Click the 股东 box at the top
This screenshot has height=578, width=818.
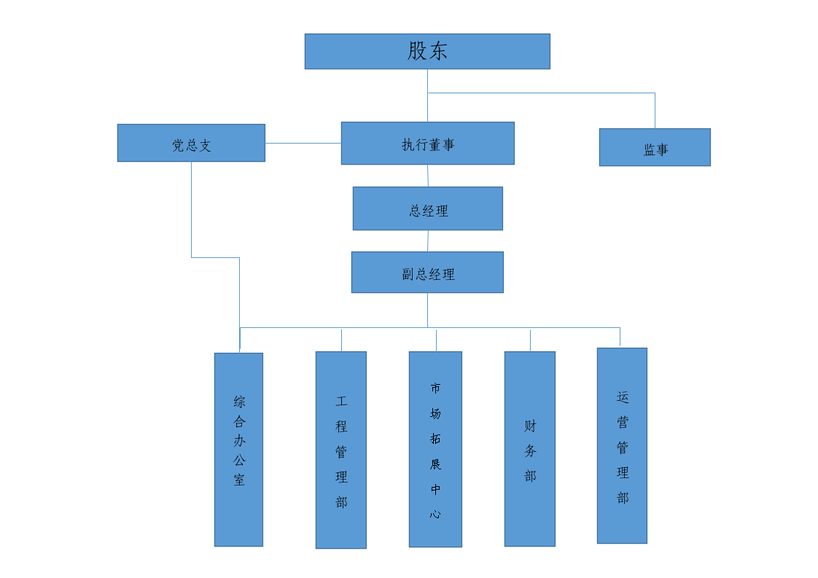click(x=427, y=51)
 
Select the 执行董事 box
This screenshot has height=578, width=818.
click(x=427, y=144)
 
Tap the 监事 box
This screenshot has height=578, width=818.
click(x=655, y=148)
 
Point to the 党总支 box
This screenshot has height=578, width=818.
click(x=191, y=144)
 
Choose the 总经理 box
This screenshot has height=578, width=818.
click(x=427, y=208)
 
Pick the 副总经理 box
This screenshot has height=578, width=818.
click(x=427, y=273)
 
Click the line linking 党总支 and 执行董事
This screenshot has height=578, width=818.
click(x=303, y=143)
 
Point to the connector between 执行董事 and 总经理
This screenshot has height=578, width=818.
click(x=428, y=176)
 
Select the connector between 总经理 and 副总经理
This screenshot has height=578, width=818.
click(x=428, y=241)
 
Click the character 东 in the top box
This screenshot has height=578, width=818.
click(x=438, y=51)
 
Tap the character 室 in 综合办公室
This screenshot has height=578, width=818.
click(x=239, y=480)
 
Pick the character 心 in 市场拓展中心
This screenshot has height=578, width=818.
click(x=435, y=514)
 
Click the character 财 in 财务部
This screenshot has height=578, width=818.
click(x=530, y=426)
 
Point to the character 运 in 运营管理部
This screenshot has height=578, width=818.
click(x=623, y=397)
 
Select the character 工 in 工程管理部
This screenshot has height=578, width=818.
click(x=341, y=401)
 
